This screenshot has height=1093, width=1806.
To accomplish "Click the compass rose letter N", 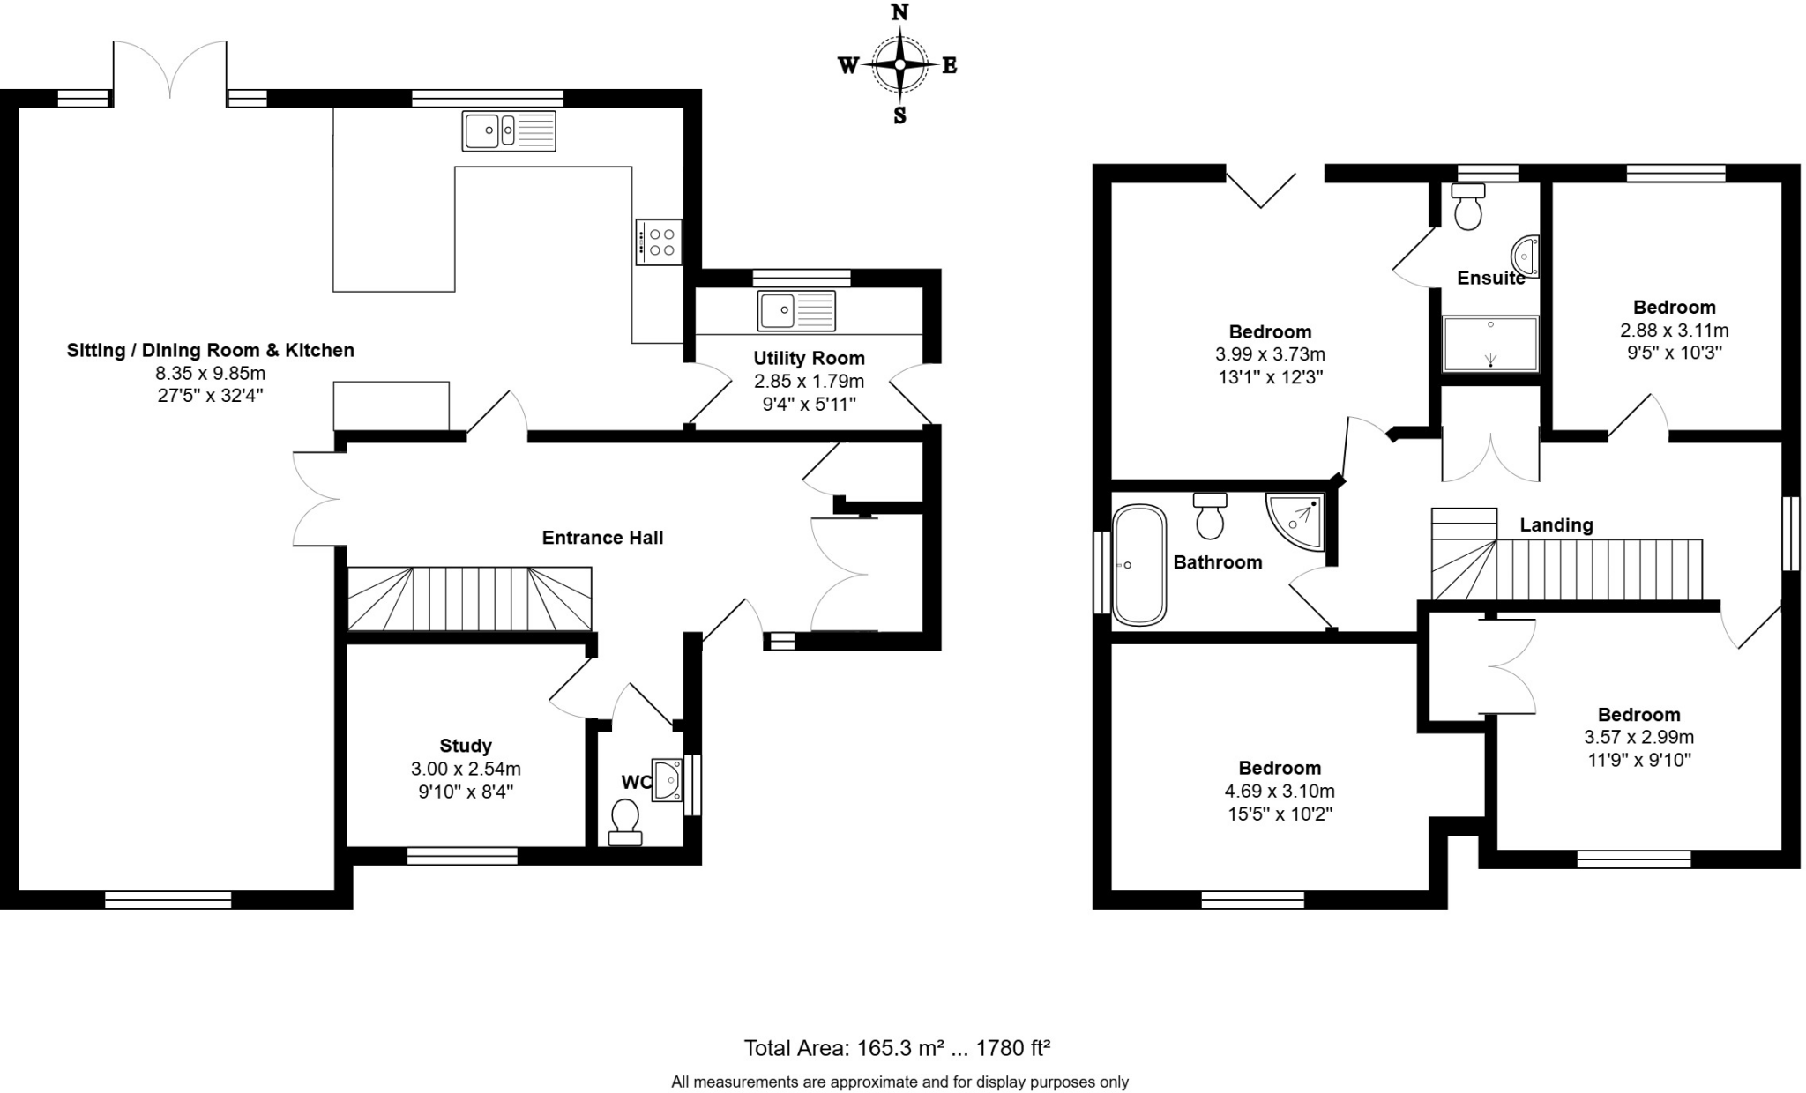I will click(x=899, y=12).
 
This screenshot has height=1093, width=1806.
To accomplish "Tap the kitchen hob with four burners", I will click(x=659, y=242).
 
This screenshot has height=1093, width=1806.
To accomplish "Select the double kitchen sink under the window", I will click(x=509, y=130).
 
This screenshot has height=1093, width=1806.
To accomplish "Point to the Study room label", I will click(x=466, y=746).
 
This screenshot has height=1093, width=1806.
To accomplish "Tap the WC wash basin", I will click(x=668, y=780).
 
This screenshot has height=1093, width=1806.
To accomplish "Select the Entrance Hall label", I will click(x=602, y=538).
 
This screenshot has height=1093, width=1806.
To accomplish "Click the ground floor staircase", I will click(x=469, y=599).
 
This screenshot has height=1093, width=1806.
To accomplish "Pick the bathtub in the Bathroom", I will click(x=1138, y=565).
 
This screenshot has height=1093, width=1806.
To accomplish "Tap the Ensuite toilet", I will click(x=1468, y=207).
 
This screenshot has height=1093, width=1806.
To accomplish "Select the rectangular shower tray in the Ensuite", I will click(x=1490, y=344).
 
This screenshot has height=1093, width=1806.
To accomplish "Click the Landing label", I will click(x=1556, y=525).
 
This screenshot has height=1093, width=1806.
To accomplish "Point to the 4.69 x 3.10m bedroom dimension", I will click(x=1280, y=791).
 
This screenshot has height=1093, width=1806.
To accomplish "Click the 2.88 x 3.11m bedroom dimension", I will click(x=1674, y=331).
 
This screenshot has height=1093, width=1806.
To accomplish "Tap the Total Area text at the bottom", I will click(x=897, y=1048).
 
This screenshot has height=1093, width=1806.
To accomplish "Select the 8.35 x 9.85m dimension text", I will click(x=210, y=373).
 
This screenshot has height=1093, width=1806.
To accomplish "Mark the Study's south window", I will click(x=462, y=855).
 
